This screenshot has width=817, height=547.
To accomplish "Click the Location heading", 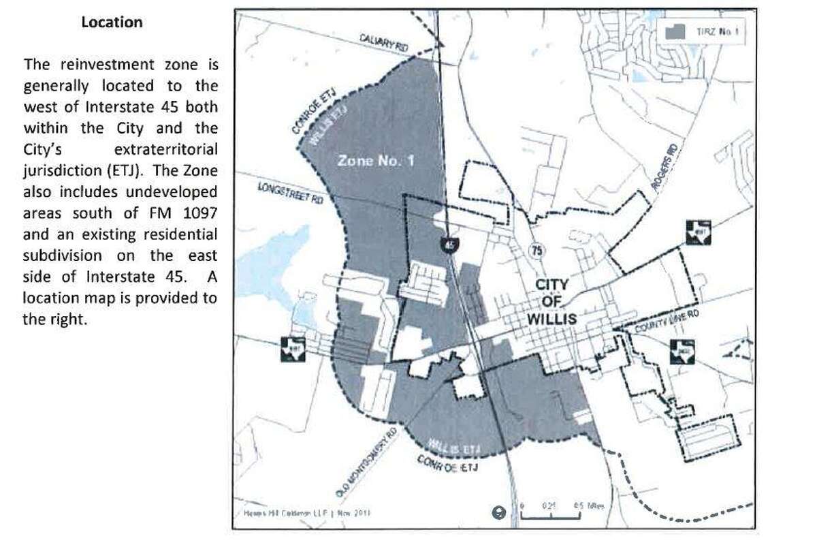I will [112, 22].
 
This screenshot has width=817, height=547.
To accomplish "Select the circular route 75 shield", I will [536, 249].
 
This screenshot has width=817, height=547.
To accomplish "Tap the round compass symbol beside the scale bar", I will [499, 513].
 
